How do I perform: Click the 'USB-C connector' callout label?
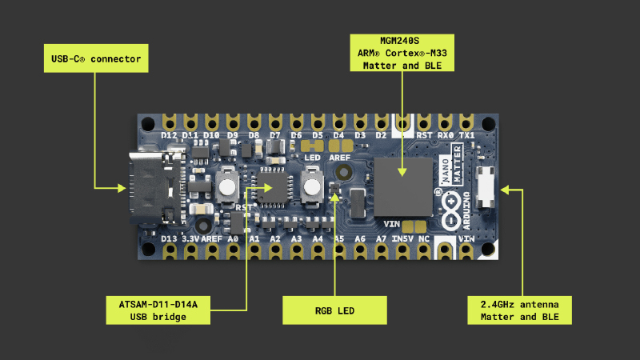point(94,58)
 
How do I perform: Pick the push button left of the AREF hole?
point(311,189)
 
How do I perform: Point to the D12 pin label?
point(169,135)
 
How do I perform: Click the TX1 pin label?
point(467,135)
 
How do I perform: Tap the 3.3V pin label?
point(190,238)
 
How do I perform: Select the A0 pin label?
point(233,238)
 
